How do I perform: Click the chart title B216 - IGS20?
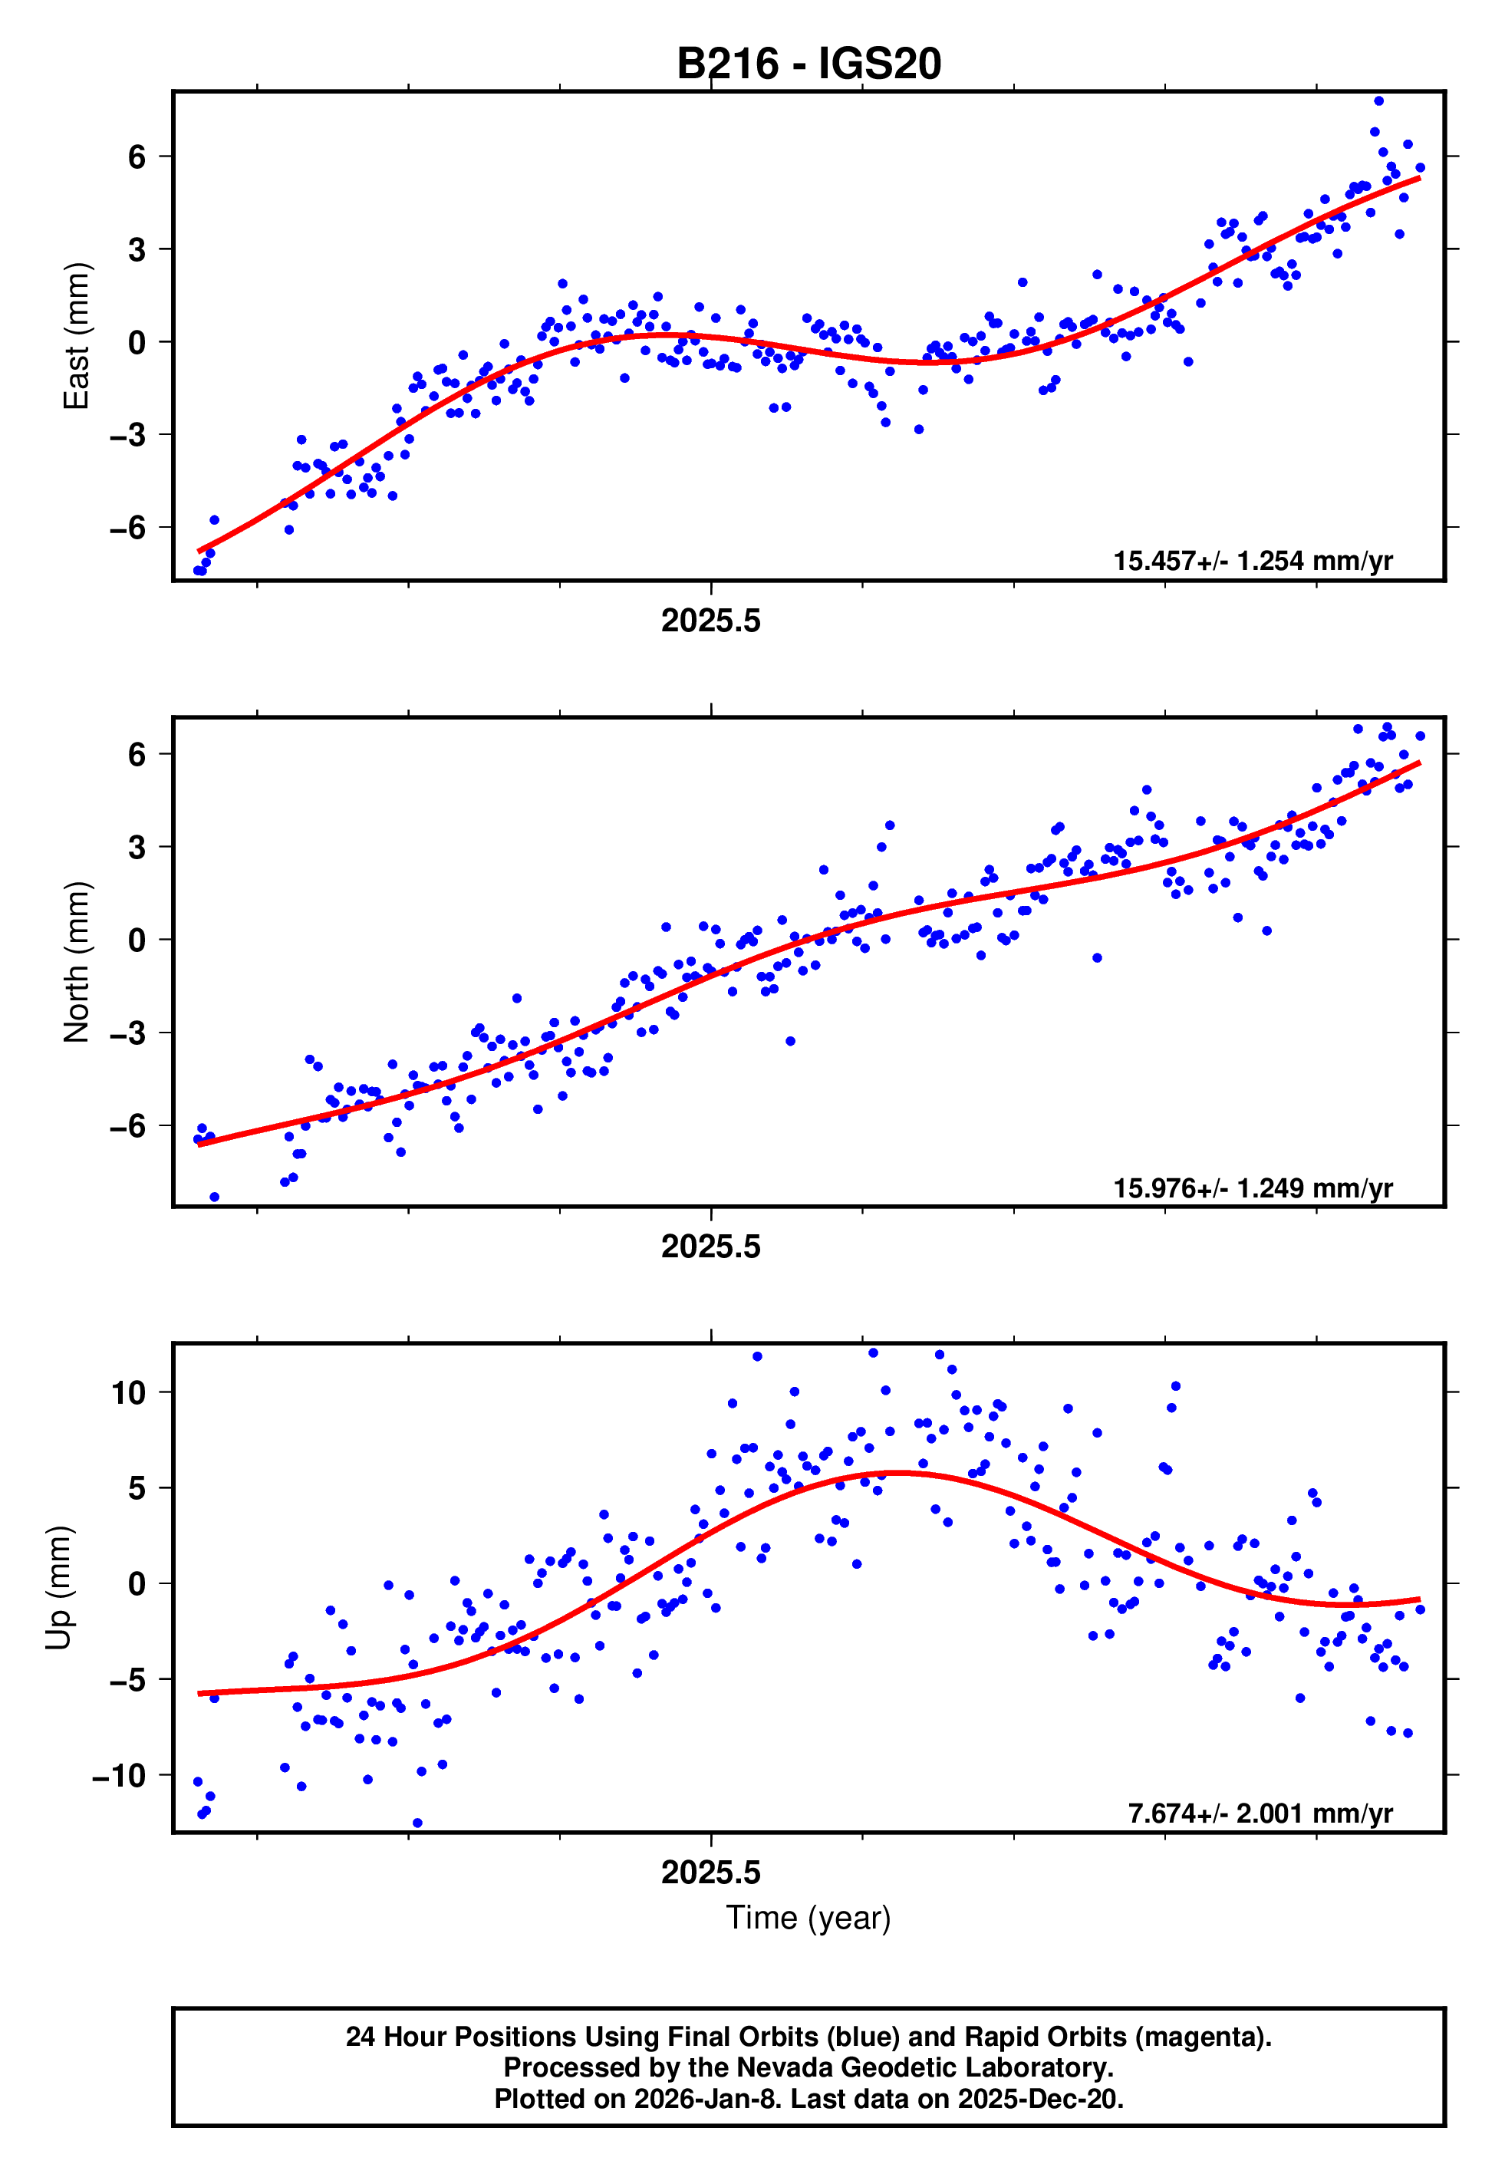click(808, 64)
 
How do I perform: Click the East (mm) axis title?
click(75, 336)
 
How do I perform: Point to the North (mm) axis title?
click(75, 962)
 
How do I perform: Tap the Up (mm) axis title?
click(58, 1588)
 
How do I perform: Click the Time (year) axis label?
click(808, 1918)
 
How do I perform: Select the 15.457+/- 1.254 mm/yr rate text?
click(1253, 561)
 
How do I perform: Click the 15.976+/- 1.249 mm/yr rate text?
click(1253, 1187)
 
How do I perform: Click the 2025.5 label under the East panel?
click(710, 621)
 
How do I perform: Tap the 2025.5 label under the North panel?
click(710, 1247)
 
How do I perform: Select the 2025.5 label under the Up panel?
click(710, 1873)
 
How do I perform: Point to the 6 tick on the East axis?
click(137, 156)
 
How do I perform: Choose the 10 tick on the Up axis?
click(128, 1392)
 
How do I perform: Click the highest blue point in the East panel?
click(1378, 100)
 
